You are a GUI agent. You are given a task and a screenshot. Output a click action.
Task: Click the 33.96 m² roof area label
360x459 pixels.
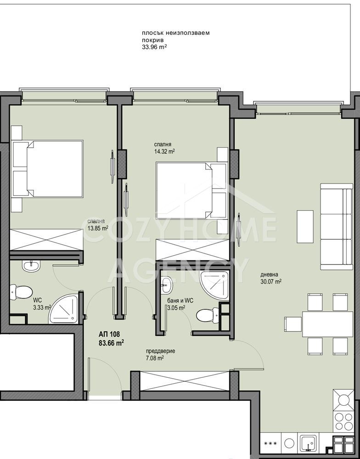tap(154, 47)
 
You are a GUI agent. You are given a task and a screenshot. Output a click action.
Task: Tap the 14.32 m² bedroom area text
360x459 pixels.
tap(164, 151)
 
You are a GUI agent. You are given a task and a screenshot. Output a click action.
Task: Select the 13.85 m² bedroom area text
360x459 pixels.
tap(98, 228)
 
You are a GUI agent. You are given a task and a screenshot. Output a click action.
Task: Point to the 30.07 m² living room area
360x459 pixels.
tap(271, 282)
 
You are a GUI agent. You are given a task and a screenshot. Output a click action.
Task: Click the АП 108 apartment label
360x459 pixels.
tap(109, 334)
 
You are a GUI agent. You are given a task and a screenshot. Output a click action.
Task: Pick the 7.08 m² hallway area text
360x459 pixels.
tap(155, 358)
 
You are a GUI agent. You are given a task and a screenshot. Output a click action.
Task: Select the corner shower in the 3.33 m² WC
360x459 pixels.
tap(64, 309)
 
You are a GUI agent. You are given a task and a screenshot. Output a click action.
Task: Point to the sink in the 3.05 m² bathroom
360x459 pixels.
tap(167, 285)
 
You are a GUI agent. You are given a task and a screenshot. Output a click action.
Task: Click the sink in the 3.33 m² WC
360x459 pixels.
tap(31, 266)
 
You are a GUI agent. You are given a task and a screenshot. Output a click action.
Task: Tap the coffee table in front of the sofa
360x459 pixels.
tap(305, 227)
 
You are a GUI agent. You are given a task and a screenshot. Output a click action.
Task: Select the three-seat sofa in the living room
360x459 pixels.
tap(336, 227)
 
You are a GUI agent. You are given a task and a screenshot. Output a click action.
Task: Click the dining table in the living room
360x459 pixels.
tap(327, 324)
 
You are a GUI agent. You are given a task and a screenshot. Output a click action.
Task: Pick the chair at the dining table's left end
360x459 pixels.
tap(292, 324)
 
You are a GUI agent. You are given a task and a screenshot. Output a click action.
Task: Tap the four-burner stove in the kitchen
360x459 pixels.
tap(344, 421)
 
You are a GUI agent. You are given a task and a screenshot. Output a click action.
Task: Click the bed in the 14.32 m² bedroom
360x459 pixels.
tap(191, 190)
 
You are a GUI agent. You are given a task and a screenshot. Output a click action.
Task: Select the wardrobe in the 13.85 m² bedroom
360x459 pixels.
tap(46, 240)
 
